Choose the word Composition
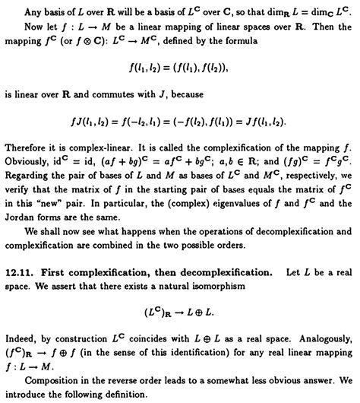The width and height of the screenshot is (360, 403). [x=53, y=395]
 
